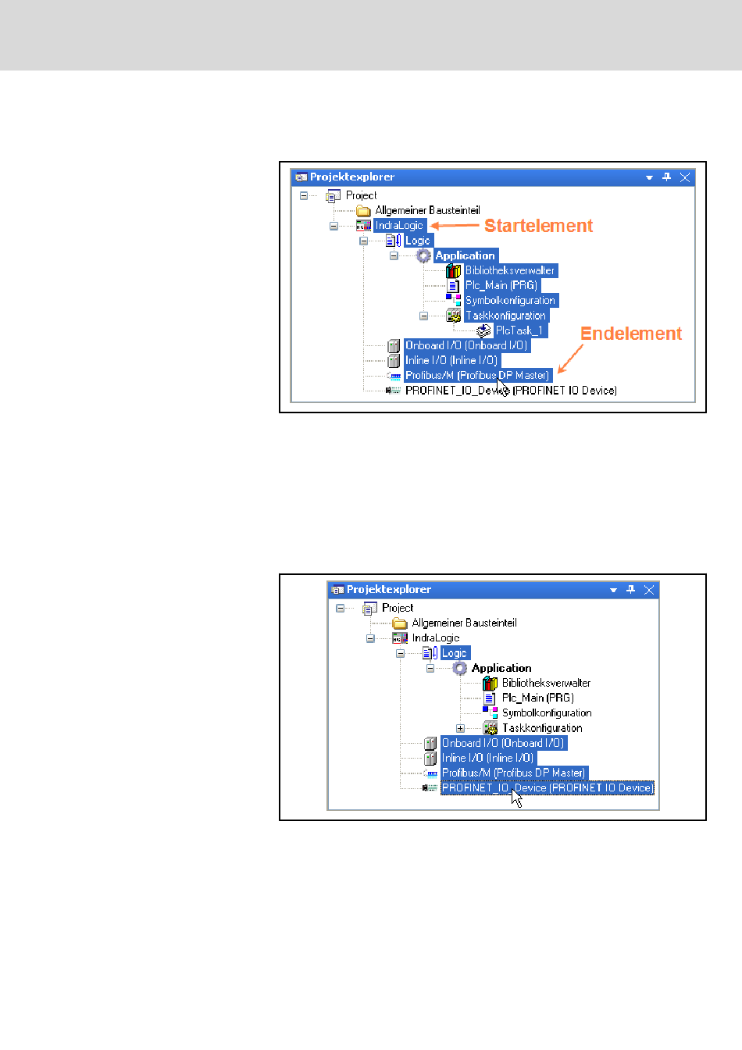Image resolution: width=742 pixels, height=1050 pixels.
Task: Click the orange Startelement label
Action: coord(538,226)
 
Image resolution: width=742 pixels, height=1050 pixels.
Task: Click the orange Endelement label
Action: coord(631,334)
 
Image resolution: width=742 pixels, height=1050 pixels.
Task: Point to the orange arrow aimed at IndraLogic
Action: coord(455,226)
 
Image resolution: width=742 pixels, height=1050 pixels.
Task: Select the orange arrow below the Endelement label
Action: coord(570,359)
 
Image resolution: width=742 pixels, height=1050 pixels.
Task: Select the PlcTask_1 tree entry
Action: coord(519,330)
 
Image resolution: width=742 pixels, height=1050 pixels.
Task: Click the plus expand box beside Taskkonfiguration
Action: coord(460,728)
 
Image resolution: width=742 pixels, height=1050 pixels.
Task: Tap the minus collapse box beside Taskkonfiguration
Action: coord(423,316)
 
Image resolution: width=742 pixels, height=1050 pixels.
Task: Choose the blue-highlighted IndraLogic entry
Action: coord(398,226)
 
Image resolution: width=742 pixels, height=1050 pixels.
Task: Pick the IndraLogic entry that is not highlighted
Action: coord(435,638)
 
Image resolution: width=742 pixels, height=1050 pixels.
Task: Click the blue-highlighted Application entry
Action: coord(465,255)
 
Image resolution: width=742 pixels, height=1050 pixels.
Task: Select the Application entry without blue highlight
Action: coord(501,668)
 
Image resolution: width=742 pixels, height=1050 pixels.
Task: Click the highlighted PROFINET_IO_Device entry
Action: coord(547,787)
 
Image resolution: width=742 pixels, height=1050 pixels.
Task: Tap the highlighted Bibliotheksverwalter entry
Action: coord(509,270)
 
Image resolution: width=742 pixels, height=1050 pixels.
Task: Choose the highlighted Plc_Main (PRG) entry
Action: coord(501,285)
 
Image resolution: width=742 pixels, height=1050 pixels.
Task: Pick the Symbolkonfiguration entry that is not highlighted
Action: coord(547,712)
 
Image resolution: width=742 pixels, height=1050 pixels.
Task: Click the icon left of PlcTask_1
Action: coord(483,330)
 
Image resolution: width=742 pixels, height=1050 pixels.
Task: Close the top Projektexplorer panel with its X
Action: coord(685,177)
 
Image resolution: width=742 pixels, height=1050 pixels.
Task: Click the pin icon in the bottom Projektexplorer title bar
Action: coord(631,590)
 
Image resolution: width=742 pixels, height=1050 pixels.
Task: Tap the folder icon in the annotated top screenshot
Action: coord(363,211)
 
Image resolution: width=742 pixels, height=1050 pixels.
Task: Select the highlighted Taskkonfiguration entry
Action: coord(505,316)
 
